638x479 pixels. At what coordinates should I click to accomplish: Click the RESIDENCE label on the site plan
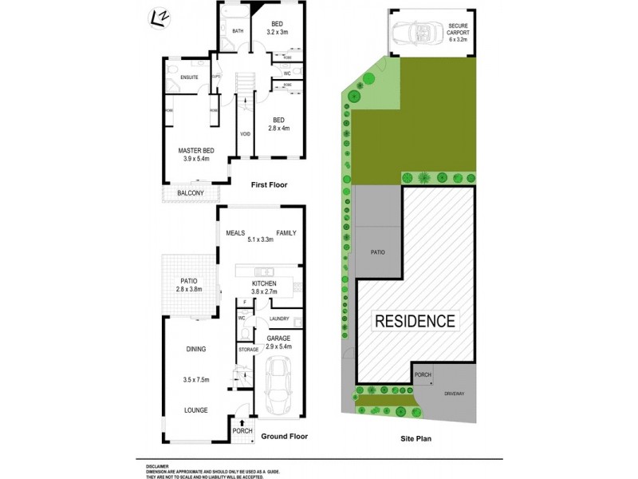pyautogui.click(x=415, y=322)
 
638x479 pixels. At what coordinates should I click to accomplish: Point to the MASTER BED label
pyautogui.click(x=196, y=151)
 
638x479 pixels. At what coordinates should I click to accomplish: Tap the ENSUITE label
pyautogui.click(x=189, y=77)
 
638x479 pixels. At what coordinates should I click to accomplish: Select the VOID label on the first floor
pyautogui.click(x=245, y=133)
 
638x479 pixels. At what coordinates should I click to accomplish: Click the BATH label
pyautogui.click(x=237, y=31)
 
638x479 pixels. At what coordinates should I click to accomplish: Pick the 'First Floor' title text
pyautogui.click(x=269, y=184)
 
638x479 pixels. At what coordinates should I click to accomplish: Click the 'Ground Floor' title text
pyautogui.click(x=284, y=436)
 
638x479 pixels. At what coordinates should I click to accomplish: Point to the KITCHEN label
pyautogui.click(x=264, y=283)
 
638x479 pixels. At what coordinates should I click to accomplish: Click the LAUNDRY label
pyautogui.click(x=279, y=319)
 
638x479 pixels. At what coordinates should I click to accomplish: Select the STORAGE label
pyautogui.click(x=249, y=350)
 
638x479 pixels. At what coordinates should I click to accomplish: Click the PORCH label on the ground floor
pyautogui.click(x=242, y=431)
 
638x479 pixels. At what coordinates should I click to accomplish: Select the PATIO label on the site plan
pyautogui.click(x=377, y=252)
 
